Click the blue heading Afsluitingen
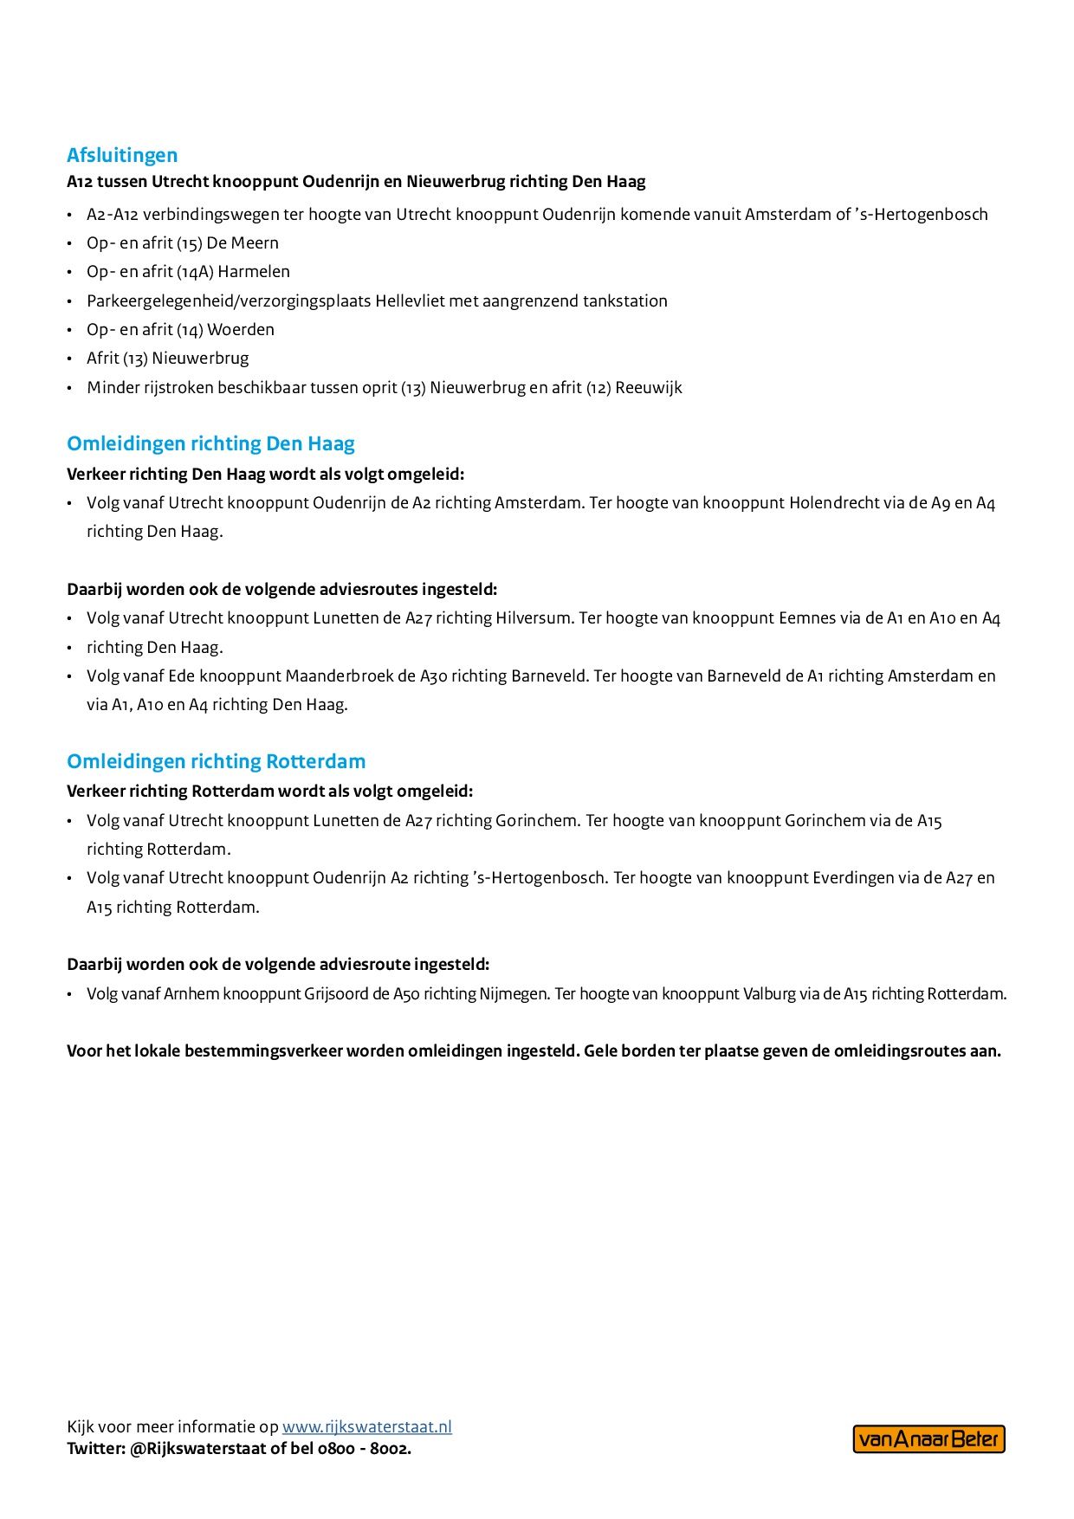click(x=122, y=155)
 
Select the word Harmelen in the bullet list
click(x=254, y=271)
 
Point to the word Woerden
click(x=241, y=329)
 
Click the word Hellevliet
click(x=409, y=301)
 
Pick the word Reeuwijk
click(x=649, y=387)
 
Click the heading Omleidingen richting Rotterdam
click(x=217, y=761)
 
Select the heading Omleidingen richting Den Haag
click(x=210, y=443)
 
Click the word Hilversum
click(x=534, y=618)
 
